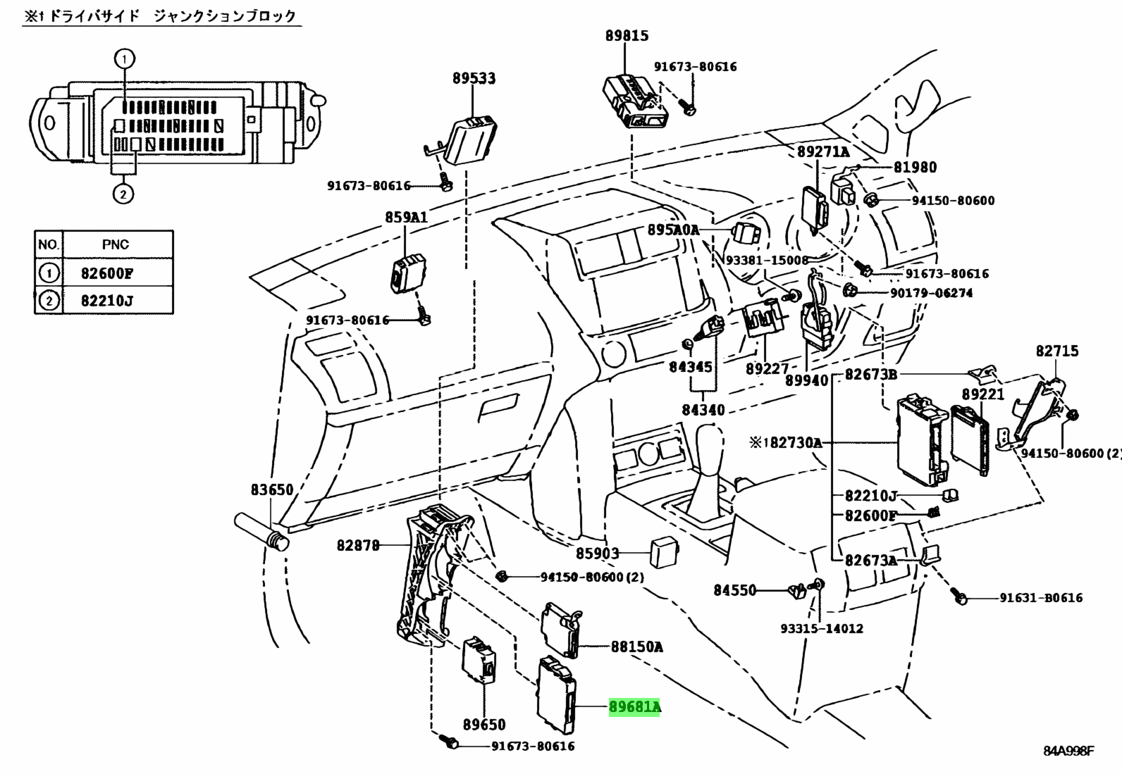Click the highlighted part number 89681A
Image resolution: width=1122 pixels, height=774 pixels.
(634, 706)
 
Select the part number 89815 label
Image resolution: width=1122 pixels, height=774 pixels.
(627, 36)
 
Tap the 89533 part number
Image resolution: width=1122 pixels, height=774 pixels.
(474, 79)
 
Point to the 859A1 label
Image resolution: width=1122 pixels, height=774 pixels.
(406, 218)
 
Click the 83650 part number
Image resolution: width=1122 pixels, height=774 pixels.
(272, 489)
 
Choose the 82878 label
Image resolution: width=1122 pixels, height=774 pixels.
(358, 544)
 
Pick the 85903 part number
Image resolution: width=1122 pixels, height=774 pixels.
(598, 554)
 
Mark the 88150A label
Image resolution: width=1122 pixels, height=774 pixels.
(636, 646)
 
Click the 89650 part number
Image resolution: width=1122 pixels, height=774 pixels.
(484, 724)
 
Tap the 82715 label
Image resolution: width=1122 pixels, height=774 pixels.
(1056, 351)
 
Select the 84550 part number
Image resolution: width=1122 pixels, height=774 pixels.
(734, 590)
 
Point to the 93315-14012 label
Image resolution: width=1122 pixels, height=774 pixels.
(822, 628)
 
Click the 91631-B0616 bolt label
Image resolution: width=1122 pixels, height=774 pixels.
(1041, 598)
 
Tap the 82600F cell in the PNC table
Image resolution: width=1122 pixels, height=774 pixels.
(107, 273)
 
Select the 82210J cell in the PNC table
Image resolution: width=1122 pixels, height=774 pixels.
(107, 301)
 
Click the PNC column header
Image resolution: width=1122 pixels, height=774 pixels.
(116, 244)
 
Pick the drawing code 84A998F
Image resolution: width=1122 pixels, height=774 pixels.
(1068, 751)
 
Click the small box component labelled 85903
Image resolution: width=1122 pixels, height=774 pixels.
(664, 553)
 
